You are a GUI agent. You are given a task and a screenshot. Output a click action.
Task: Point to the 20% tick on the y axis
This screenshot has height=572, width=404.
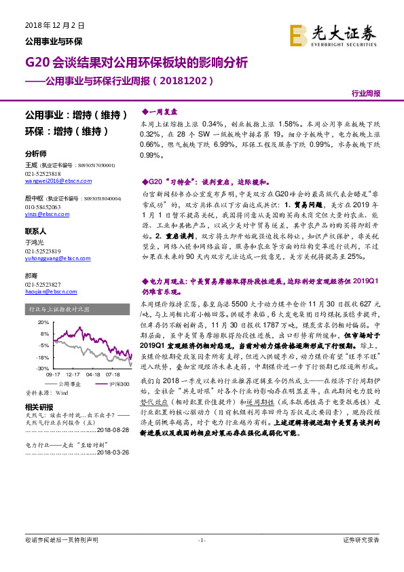tap(43, 322)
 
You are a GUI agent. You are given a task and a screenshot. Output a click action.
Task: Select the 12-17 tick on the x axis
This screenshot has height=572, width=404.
tap(73, 374)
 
